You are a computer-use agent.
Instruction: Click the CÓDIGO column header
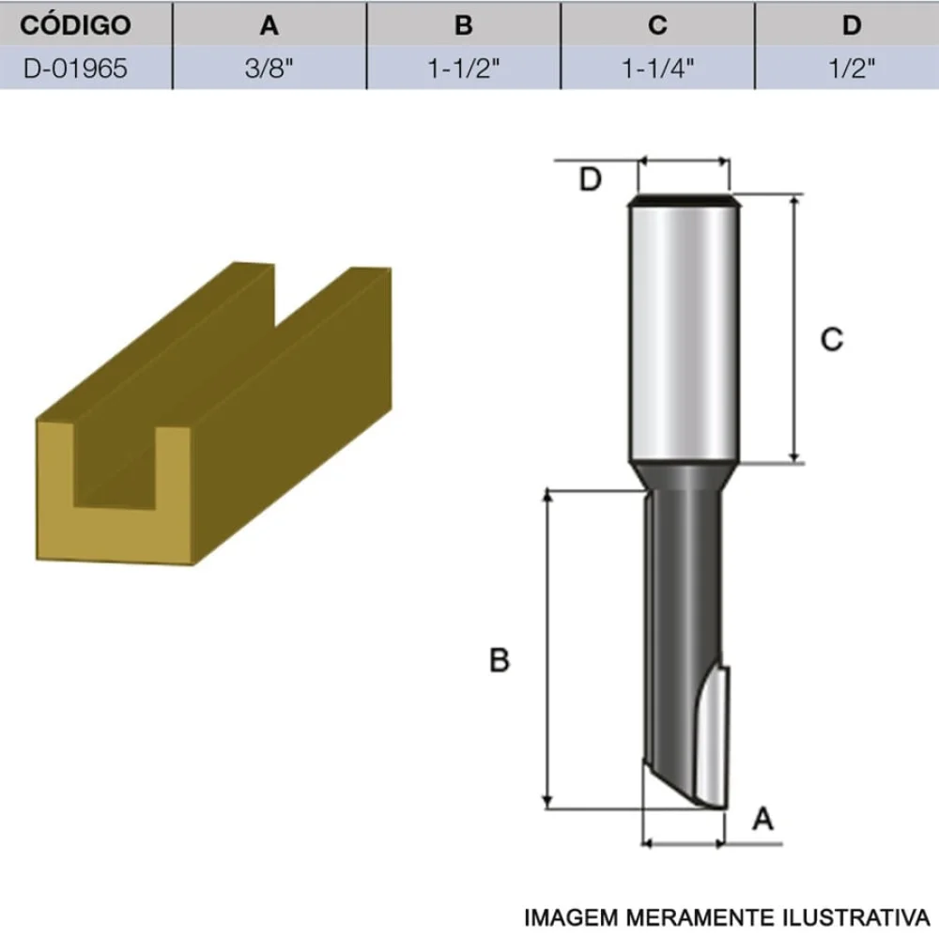75,25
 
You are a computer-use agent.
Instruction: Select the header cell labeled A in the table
269,25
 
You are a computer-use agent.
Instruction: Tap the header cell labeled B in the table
464,25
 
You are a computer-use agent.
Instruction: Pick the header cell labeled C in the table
657,25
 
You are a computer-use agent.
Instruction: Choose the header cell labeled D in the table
852,25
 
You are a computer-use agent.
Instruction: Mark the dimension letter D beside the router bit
590,178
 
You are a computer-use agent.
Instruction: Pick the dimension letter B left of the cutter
500,660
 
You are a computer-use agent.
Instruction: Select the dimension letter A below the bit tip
763,820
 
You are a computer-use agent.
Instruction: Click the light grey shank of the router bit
683,329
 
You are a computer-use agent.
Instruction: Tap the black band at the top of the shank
683,199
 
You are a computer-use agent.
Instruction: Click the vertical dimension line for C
795,329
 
